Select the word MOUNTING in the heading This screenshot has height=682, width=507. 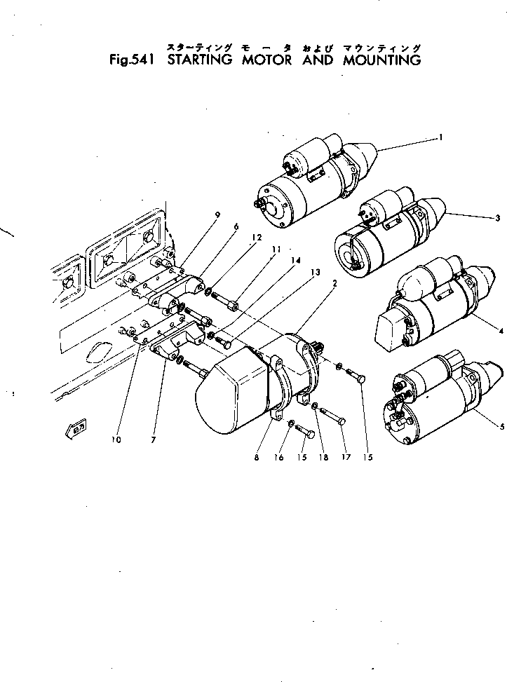pos(382,60)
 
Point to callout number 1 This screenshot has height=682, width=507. pos(440,138)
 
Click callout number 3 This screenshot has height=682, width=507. pos(497,219)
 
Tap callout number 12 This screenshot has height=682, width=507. pos(257,238)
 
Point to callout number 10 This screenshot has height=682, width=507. pos(116,439)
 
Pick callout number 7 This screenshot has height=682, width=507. pos(153,439)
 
